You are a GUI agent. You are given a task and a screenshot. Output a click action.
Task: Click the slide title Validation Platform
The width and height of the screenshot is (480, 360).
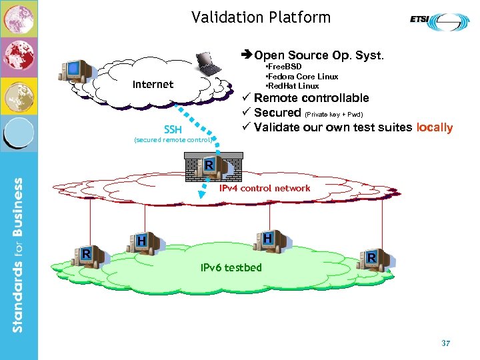261,17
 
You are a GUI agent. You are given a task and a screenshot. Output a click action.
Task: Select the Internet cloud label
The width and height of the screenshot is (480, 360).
153,84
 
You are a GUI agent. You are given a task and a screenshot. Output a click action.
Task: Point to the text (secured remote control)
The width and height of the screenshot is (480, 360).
173,140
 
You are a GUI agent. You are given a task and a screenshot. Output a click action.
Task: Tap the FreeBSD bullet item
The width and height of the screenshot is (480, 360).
284,67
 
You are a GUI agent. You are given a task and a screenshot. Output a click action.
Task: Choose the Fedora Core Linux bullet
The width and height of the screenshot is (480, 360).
301,77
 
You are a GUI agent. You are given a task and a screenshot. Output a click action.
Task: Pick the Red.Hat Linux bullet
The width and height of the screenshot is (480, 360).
293,86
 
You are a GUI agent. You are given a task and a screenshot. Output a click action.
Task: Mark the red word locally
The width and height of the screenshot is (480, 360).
434,127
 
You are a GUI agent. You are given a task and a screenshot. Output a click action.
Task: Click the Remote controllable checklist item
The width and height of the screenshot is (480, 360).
311,98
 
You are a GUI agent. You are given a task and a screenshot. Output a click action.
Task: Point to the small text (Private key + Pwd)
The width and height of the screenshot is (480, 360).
333,114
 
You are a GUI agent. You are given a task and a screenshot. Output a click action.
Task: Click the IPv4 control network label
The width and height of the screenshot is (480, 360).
265,188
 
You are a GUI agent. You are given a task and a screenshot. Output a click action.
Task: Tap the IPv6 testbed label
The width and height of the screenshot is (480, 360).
231,267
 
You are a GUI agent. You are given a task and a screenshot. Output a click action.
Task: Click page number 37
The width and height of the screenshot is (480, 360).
446,343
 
